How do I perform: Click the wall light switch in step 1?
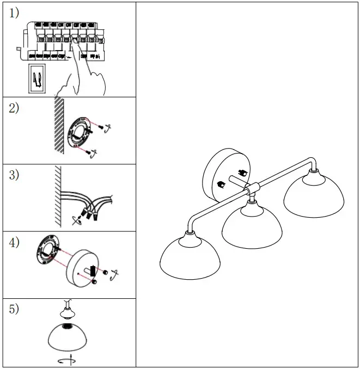point(37,78)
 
